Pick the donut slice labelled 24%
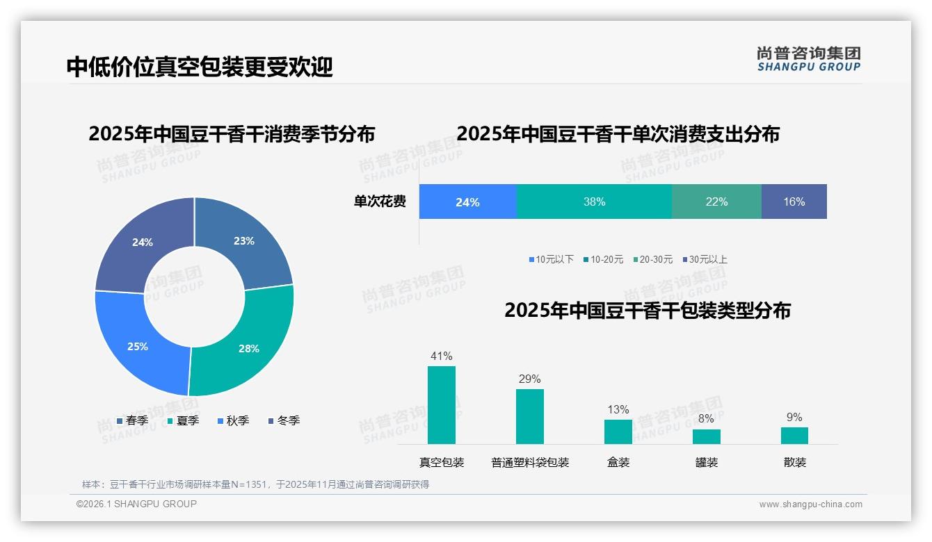click(x=143, y=243)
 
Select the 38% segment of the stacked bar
click(x=594, y=202)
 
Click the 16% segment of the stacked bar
click(x=794, y=202)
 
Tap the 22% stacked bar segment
click(x=716, y=202)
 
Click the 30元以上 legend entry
click(x=704, y=259)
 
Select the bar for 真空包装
click(x=442, y=405)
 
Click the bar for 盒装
click(x=618, y=432)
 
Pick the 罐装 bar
click(x=707, y=436)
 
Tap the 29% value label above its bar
click(x=529, y=379)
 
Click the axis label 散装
click(x=795, y=462)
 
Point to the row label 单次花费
click(x=380, y=202)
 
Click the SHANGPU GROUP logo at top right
click(x=809, y=59)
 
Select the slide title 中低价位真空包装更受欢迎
click(x=200, y=67)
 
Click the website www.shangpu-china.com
click(x=810, y=504)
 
